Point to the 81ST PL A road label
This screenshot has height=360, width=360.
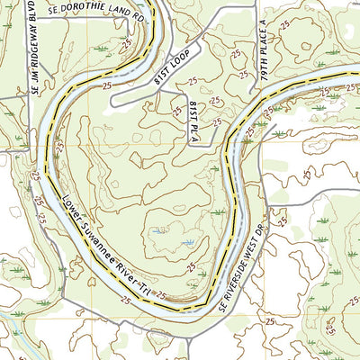(193, 121)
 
